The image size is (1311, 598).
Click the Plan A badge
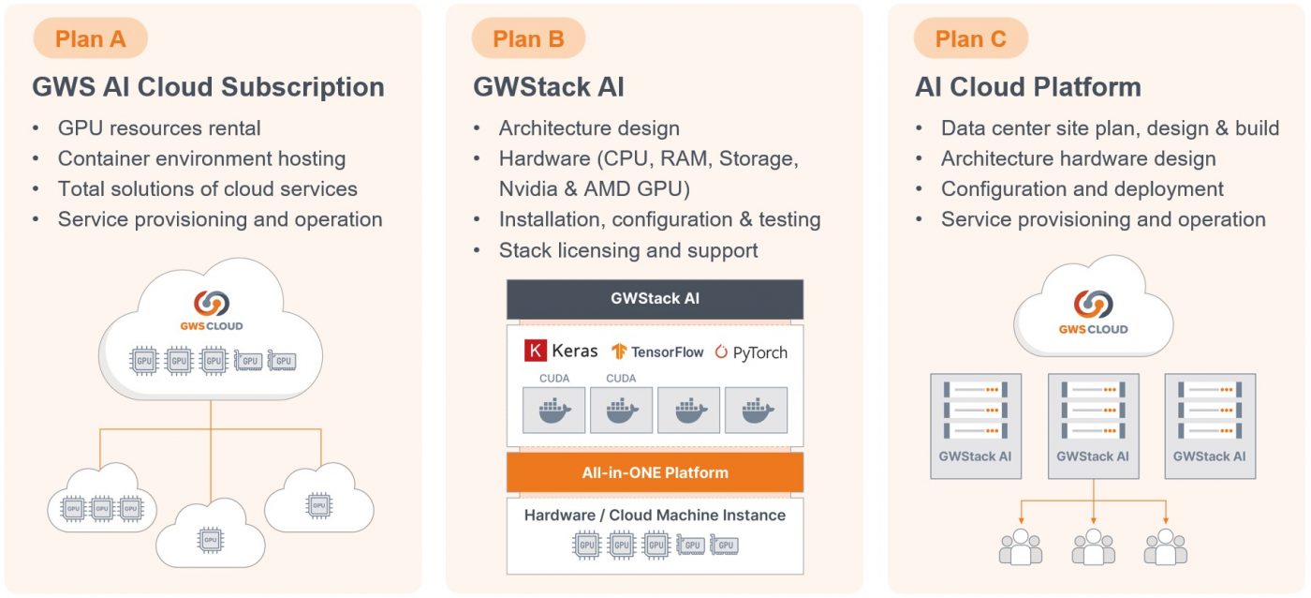pyautogui.click(x=90, y=39)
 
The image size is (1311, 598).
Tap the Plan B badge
pyautogui.click(x=528, y=39)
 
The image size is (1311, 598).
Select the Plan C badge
pyautogui.click(x=971, y=39)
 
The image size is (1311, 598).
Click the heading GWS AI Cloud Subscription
pyautogui.click(x=208, y=87)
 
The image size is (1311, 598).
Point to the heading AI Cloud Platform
pyautogui.click(x=1027, y=87)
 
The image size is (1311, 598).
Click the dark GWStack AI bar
pyautogui.click(x=655, y=300)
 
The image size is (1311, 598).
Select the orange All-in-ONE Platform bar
pyautogui.click(x=655, y=472)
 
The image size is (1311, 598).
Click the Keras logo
pyautogui.click(x=561, y=351)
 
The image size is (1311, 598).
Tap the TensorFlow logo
pyautogui.click(x=657, y=352)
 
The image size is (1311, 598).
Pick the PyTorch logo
pyautogui.click(x=751, y=352)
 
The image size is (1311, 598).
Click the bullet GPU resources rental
pyautogui.click(x=159, y=128)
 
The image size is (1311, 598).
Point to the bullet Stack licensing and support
pyautogui.click(x=627, y=250)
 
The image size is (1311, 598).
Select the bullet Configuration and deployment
pyautogui.click(x=1082, y=189)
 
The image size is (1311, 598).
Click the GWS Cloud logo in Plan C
pyautogui.click(x=1093, y=312)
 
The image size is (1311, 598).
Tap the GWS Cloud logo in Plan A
pyautogui.click(x=211, y=310)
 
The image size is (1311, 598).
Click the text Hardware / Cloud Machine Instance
pyautogui.click(x=655, y=516)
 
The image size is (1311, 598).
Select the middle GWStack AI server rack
pyautogui.click(x=1093, y=426)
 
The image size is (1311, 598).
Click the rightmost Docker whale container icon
pyautogui.click(x=756, y=411)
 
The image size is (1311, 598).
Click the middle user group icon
pyautogui.click(x=1093, y=547)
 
